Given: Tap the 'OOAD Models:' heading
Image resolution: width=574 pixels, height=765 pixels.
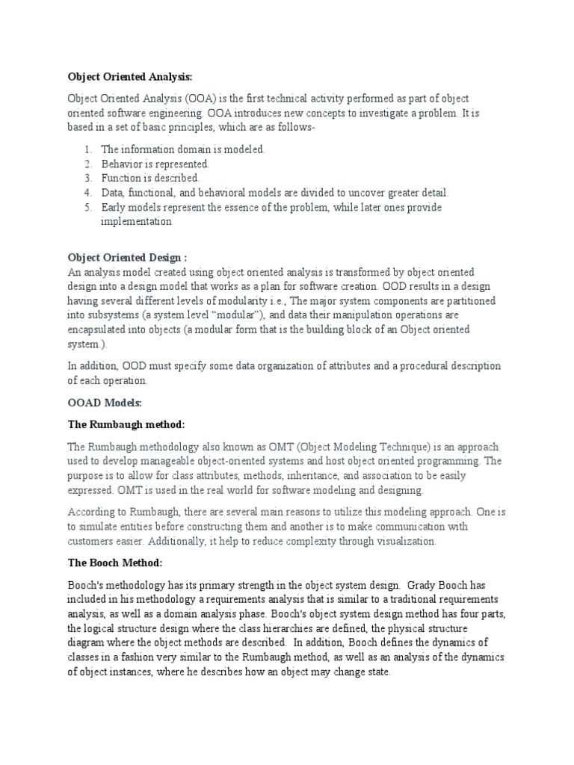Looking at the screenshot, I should (104, 403).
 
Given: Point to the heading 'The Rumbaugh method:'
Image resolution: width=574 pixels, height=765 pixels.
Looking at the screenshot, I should (126, 424).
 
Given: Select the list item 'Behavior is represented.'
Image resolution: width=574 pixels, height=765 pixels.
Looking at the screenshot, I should (155, 164).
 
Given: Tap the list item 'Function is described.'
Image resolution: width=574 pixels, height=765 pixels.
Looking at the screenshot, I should (150, 178).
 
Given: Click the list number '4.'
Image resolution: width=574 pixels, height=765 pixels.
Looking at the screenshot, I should (87, 193).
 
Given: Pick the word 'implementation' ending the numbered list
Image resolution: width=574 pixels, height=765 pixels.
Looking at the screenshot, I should (136, 221).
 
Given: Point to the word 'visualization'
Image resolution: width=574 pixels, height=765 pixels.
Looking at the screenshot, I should (413, 541).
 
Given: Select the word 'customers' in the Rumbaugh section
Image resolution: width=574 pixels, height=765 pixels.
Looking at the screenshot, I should (93, 541).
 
